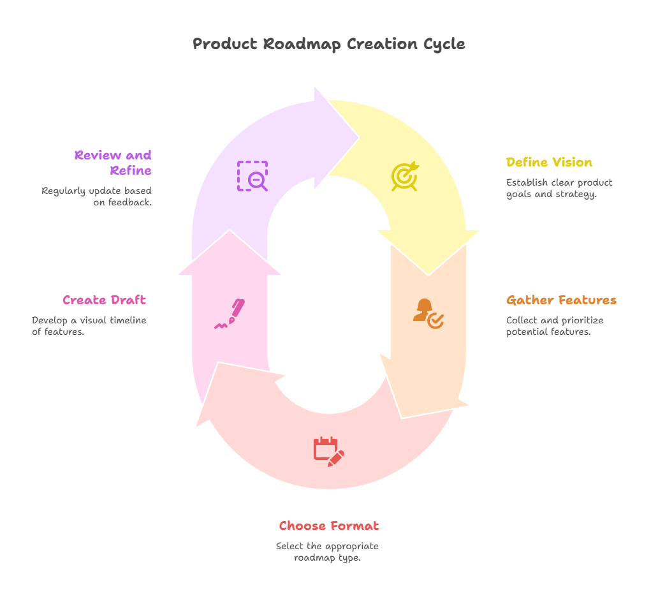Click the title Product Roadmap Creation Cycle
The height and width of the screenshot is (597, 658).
click(328, 44)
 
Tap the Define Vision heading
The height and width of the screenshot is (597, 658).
click(549, 162)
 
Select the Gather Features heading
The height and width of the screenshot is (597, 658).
click(561, 300)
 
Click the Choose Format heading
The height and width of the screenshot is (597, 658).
click(328, 526)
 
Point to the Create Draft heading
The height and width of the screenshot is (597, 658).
click(104, 300)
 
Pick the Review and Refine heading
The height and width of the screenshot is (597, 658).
click(113, 163)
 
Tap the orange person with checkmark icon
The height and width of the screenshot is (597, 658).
click(428, 313)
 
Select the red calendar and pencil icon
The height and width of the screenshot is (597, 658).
click(328, 451)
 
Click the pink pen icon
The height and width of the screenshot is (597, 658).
click(230, 313)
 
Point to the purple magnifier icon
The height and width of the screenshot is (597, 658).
click(252, 176)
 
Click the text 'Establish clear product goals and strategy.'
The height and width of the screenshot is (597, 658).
click(559, 188)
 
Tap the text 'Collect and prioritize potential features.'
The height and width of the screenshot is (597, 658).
click(554, 326)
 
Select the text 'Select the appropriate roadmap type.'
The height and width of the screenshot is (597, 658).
click(327, 552)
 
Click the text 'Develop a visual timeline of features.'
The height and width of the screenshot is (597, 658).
click(89, 326)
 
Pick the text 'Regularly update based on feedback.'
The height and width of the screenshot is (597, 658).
click(97, 196)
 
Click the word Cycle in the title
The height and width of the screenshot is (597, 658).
click(444, 44)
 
